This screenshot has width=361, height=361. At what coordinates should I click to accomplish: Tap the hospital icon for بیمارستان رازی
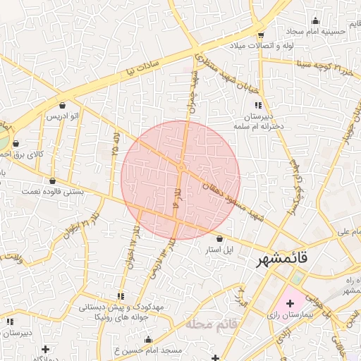click(290, 303)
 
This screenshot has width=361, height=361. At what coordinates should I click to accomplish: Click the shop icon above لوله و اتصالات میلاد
click(261, 35)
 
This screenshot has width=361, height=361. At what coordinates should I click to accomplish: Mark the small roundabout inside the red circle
click(181, 167)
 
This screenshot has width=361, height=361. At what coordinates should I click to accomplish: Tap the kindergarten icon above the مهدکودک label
click(121, 296)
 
